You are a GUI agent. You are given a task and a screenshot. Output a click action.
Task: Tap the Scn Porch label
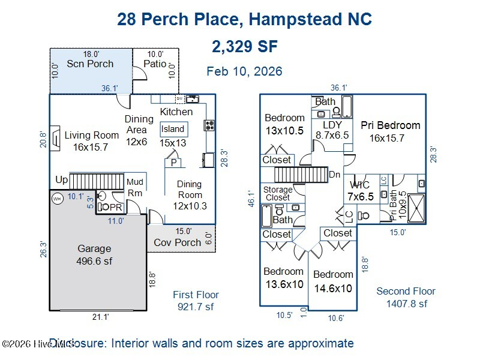[x=90, y=64]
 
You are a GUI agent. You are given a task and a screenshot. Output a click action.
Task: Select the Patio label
[x=155, y=64]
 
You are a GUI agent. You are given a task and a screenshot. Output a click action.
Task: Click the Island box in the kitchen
[x=173, y=129]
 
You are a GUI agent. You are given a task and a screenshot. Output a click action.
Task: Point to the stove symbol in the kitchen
[x=210, y=125]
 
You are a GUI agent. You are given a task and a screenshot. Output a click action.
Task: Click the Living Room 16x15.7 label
[x=92, y=141]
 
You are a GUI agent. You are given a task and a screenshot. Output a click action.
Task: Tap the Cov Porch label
[x=178, y=242]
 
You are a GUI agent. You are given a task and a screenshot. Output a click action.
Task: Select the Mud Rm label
[x=135, y=188]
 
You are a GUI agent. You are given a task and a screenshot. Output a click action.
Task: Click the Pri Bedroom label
[x=390, y=131]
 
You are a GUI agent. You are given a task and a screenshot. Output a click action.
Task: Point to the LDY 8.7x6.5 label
[x=332, y=130]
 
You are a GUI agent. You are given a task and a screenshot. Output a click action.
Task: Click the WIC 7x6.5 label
[x=360, y=190]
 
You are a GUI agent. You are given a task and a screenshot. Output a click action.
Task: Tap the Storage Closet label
[x=278, y=193]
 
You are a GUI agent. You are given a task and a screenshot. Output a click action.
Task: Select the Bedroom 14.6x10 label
[x=333, y=281]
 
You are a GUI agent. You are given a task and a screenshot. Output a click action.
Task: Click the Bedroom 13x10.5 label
[x=284, y=124]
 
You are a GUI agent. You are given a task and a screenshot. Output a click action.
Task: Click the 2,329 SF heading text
[x=244, y=46]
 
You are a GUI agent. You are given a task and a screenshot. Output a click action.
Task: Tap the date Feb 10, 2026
[x=244, y=71]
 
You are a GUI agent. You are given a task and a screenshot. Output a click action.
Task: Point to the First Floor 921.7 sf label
[x=196, y=301]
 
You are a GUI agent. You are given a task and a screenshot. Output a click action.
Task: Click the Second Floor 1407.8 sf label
[x=406, y=297]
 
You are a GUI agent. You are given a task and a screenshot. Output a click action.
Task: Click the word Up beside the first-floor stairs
[x=61, y=179]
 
